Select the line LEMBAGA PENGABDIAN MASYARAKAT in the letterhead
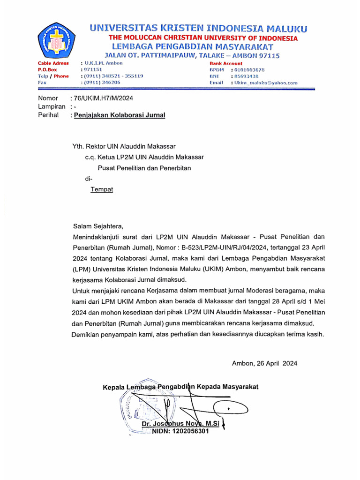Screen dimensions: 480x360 (x=193, y=47)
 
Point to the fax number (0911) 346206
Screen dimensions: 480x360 (x=102, y=82)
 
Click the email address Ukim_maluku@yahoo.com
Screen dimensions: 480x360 (x=266, y=83)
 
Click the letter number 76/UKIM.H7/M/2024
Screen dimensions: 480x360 (x=101, y=98)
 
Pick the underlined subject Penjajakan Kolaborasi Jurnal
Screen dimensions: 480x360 (x=118, y=115)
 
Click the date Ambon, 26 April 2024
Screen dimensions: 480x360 (x=264, y=363)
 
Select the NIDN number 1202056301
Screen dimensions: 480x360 (x=180, y=431)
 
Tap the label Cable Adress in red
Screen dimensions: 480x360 (x=53, y=63)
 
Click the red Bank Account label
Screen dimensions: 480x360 (x=226, y=63)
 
